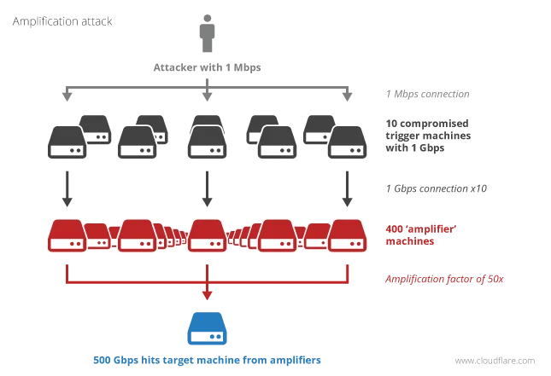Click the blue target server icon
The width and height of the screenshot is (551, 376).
[207, 329]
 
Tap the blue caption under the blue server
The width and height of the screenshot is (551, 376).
[205, 362]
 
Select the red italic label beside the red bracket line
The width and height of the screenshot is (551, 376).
[444, 279]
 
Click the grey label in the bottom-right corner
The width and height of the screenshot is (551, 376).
[495, 362]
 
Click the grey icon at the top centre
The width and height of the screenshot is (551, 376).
[208, 35]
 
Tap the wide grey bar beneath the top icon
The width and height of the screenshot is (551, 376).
[208, 67]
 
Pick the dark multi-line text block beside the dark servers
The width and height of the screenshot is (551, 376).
[426, 136]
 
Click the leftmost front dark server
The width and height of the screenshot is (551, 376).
[67, 142]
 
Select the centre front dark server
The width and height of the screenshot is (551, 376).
[207, 142]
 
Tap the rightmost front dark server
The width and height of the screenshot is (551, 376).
[347, 142]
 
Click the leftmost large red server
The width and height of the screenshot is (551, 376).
[67, 236]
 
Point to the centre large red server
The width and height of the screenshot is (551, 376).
[207, 236]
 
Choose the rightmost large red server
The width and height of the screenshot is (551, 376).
[347, 236]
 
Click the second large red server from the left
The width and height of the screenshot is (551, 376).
[137, 236]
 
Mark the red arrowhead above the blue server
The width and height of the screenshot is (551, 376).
[207, 295]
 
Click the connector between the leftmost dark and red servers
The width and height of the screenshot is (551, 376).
[67, 188]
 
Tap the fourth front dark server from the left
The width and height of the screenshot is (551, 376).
[277, 142]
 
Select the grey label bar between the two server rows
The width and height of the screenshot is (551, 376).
[437, 191]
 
